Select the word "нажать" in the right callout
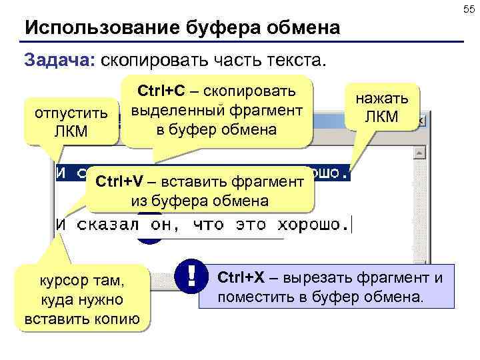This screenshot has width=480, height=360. point(381,98)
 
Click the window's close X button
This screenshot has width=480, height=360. point(420,121)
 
